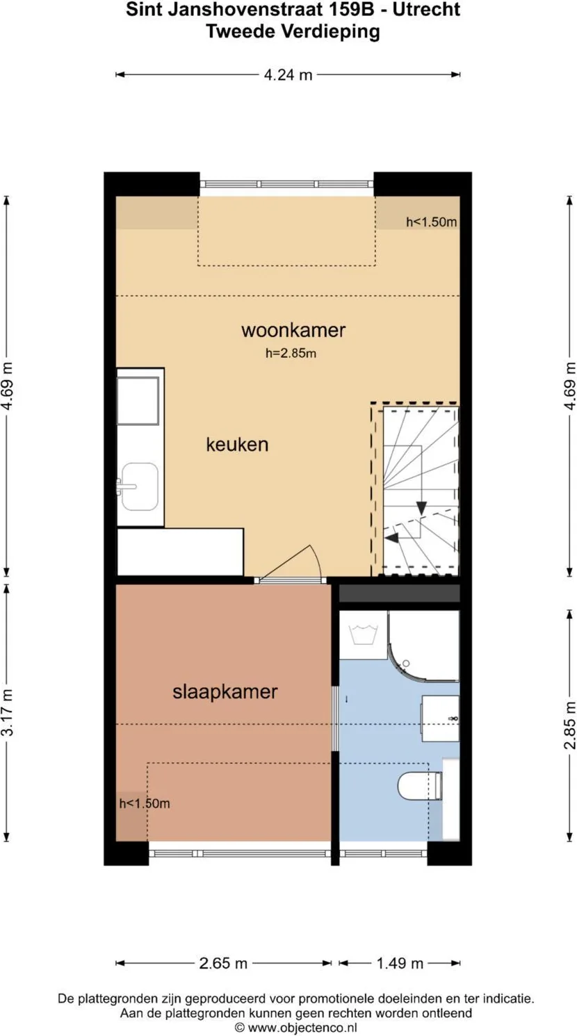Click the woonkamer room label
click(293, 330)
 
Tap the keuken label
click(237, 445)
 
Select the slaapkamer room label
click(225, 692)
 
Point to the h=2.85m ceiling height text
click(291, 354)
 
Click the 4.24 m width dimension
click(288, 75)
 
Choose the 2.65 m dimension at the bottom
click(223, 963)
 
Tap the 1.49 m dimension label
click(400, 963)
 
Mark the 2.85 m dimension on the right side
click(570, 725)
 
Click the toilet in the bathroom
click(420, 786)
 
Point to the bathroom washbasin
click(441, 718)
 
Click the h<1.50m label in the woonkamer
click(431, 222)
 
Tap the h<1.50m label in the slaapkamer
click(145, 804)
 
